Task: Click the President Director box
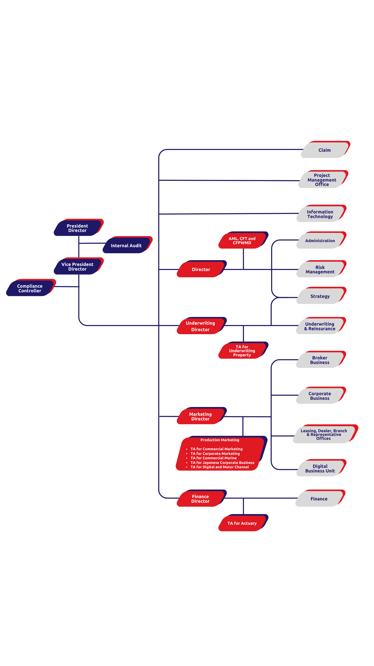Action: click(77, 228)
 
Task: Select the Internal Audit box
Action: click(126, 245)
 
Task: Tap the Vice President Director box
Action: click(77, 266)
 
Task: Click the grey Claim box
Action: click(324, 150)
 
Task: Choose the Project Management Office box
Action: click(322, 180)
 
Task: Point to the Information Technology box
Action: click(320, 214)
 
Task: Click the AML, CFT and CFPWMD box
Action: click(242, 240)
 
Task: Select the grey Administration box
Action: click(320, 240)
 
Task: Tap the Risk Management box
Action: click(320, 269)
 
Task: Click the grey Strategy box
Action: click(320, 296)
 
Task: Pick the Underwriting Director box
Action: click(200, 326)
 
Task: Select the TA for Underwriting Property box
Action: click(242, 350)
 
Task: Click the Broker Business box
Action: click(320, 360)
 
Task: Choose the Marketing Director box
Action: click(200, 416)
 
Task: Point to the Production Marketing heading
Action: click(220, 440)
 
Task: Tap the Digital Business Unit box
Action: click(320, 468)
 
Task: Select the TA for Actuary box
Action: click(242, 523)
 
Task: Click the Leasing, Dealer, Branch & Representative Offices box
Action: click(324, 434)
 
